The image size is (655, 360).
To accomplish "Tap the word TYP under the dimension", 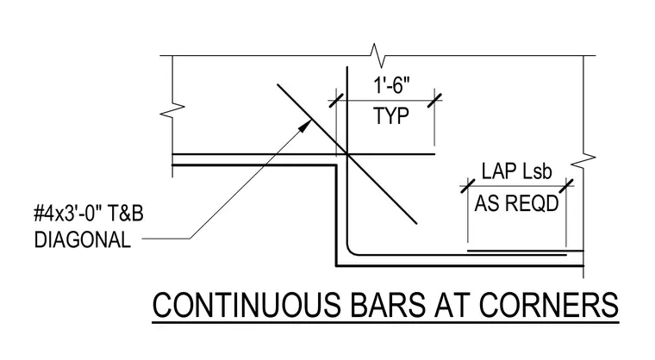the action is [391, 116].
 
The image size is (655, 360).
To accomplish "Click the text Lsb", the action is [537, 171].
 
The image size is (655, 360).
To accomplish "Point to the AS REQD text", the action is [516, 204].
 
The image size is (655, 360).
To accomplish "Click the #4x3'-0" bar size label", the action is [68, 214].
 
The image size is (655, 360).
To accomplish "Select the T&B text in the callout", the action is [126, 214].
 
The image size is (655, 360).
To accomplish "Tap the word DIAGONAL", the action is [82, 240].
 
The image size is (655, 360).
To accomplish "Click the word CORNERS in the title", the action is [548, 305].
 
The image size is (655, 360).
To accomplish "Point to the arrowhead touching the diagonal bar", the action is [307, 125].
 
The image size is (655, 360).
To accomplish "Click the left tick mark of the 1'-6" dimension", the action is [336, 100].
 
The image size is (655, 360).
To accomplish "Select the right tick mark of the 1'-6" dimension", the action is [434, 100].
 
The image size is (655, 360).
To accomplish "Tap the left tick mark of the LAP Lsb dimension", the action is [468, 186].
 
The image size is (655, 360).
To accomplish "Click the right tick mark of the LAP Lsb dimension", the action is [566, 186].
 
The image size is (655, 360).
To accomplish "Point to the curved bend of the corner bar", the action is [350, 251].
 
